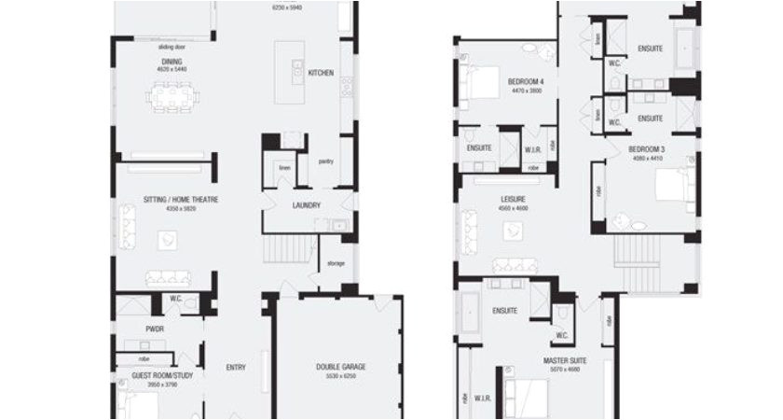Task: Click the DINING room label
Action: tap(172, 62)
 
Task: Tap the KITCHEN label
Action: tap(321, 72)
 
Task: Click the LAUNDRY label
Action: tap(306, 205)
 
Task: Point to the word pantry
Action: tap(325, 161)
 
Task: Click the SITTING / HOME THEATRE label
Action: tap(168, 200)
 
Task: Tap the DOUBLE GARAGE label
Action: tap(340, 367)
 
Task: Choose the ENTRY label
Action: tap(236, 367)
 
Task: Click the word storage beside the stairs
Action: tap(336, 263)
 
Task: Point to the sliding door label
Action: tap(172, 46)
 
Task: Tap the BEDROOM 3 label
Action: tap(646, 149)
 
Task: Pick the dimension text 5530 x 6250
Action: tap(340, 376)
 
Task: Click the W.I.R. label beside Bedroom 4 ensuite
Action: tap(533, 148)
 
